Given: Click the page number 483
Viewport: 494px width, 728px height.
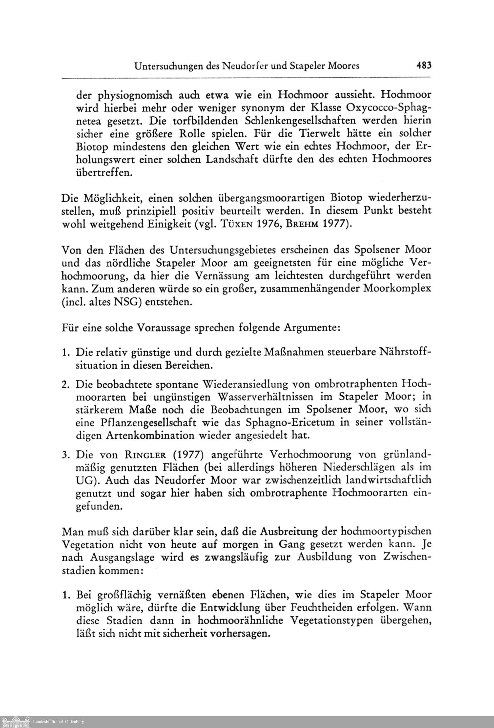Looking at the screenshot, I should point(424,66).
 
